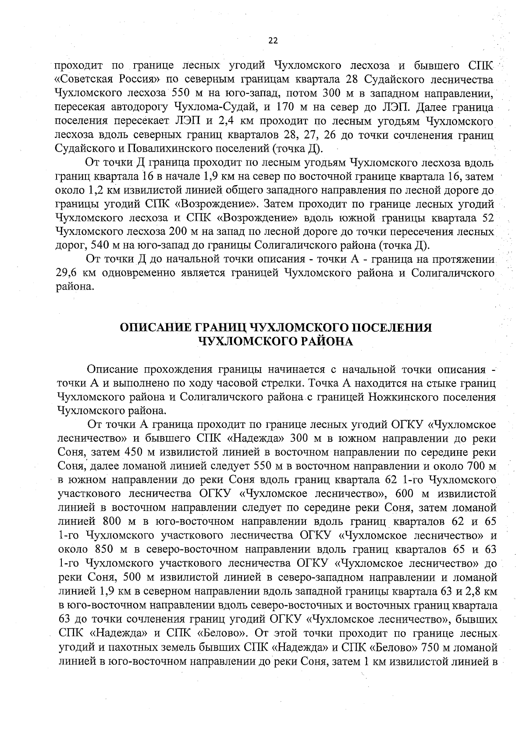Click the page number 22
coord(273,40)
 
